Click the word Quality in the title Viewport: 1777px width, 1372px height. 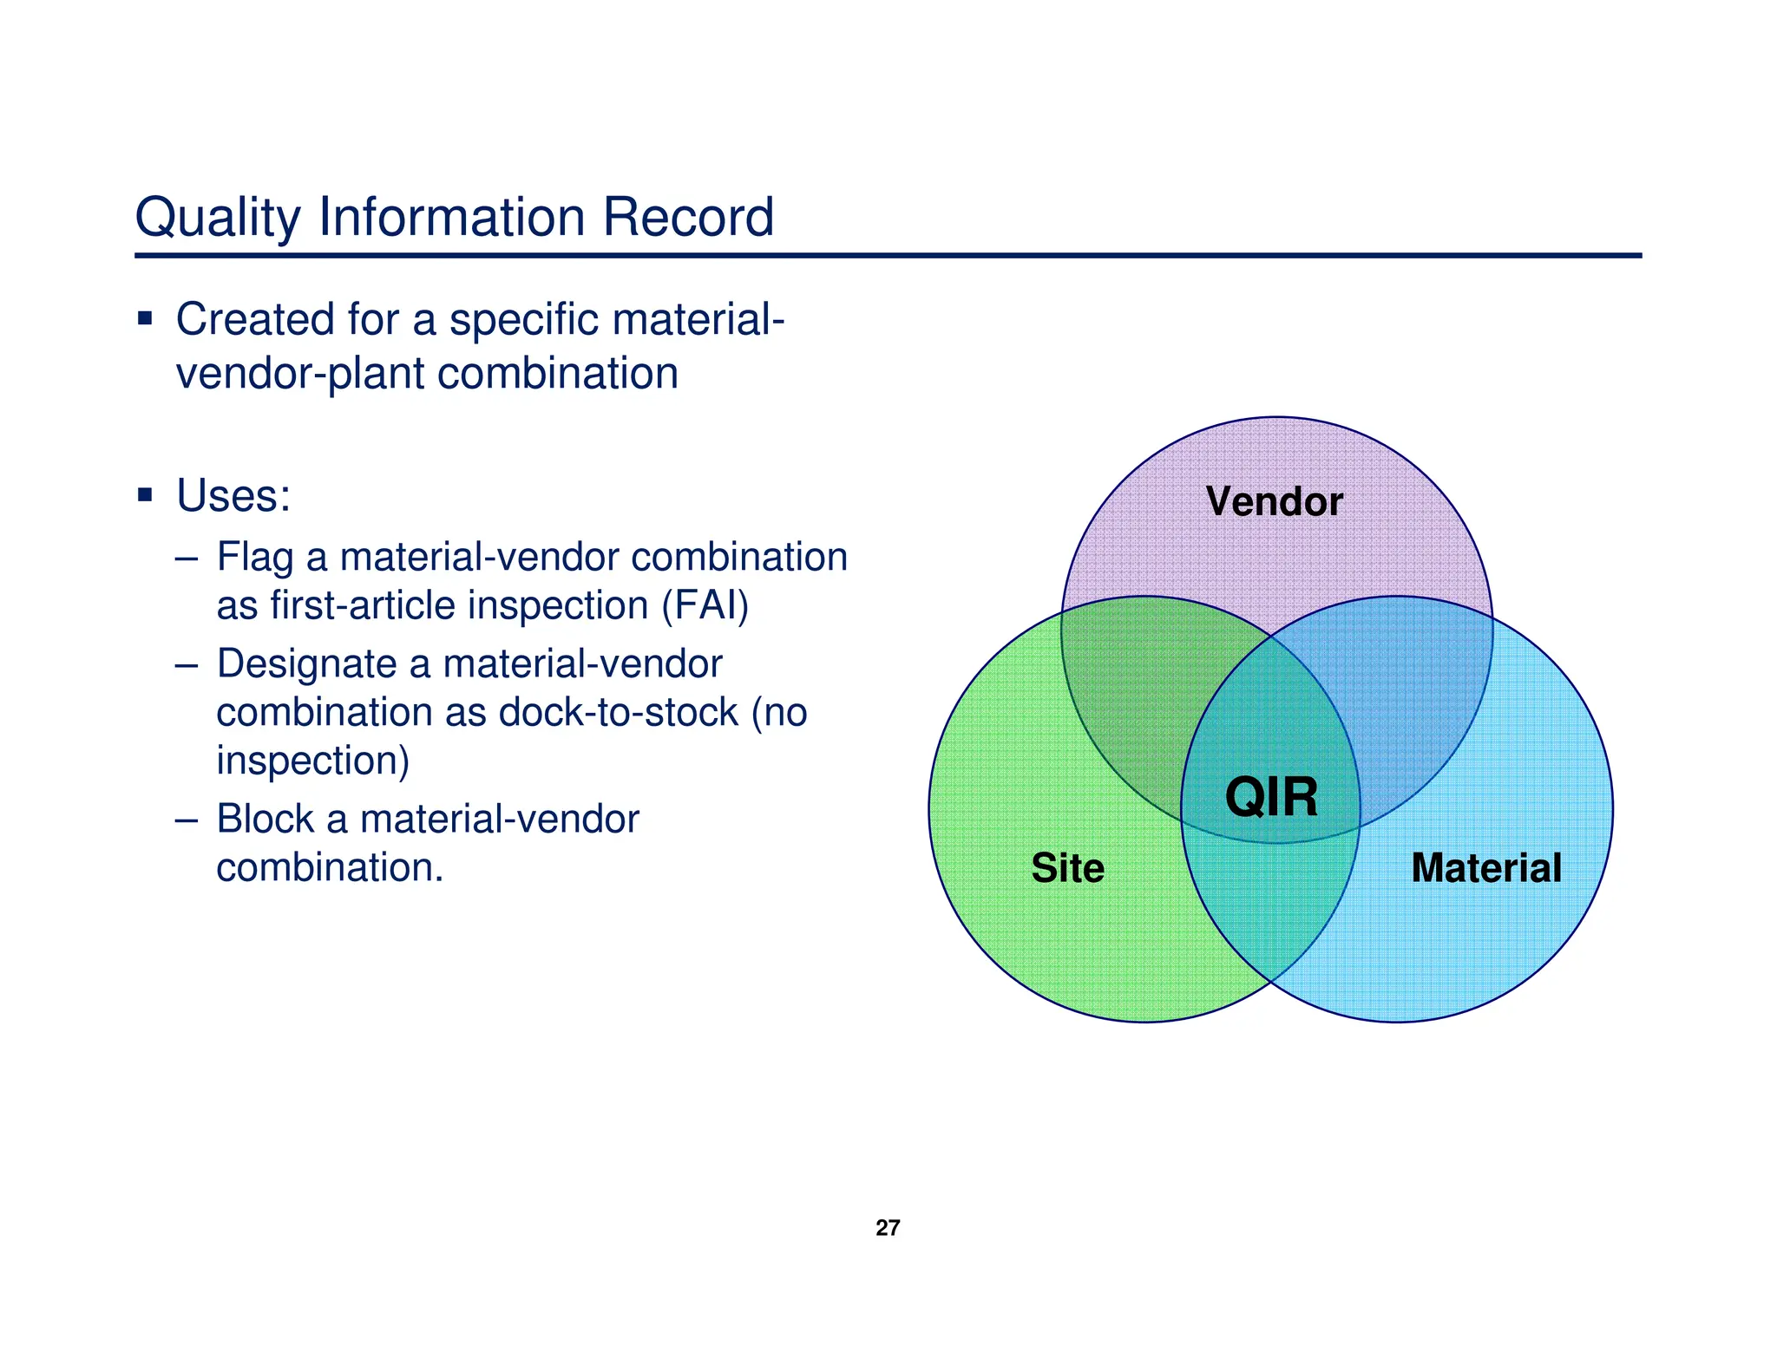[217, 217]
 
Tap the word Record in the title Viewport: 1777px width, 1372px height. [687, 217]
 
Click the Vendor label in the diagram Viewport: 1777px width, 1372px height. [1274, 501]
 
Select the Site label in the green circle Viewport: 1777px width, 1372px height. [1067, 868]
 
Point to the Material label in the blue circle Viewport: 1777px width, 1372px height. [1485, 868]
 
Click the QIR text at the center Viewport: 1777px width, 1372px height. [1271, 797]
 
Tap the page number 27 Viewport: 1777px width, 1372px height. [888, 1227]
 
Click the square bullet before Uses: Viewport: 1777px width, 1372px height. [145, 495]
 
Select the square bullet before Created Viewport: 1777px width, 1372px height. [145, 318]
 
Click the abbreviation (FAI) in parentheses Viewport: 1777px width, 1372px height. [705, 605]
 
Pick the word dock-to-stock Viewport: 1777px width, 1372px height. [618, 713]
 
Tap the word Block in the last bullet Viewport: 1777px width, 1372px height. [265, 819]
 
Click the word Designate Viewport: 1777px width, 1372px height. [306, 664]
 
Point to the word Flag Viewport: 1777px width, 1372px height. [254, 558]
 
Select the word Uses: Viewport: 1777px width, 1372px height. [233, 496]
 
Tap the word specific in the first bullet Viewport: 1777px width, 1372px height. [523, 320]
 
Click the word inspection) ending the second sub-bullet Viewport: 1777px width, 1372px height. [312, 761]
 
